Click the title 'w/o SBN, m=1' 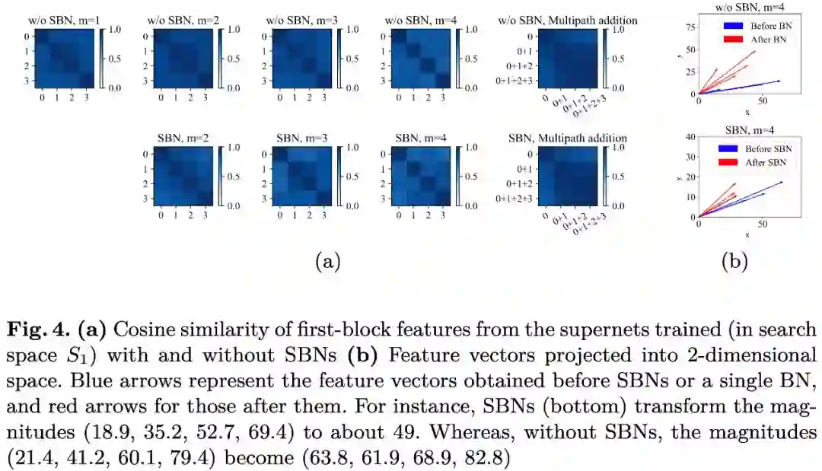tap(55, 20)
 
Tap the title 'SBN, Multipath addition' tap(567, 138)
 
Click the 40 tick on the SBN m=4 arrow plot tap(691, 138)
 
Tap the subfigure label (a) tap(327, 262)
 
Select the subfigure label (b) tap(734, 262)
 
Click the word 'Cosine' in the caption tap(142, 330)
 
